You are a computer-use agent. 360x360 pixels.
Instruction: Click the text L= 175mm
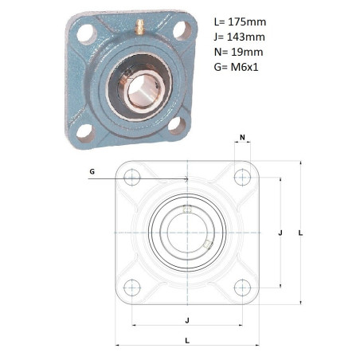click(240, 22)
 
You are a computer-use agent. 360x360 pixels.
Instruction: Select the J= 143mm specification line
click(240, 37)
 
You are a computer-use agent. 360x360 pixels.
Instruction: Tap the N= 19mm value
click(238, 52)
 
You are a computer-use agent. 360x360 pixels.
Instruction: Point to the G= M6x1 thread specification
click(236, 67)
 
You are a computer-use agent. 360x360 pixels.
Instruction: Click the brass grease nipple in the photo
click(139, 27)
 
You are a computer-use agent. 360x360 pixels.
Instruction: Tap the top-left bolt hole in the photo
click(87, 33)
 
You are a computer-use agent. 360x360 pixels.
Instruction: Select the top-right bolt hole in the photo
click(182, 30)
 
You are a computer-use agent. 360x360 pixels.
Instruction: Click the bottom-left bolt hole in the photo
click(85, 133)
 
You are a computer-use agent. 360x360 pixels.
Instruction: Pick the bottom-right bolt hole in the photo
click(177, 125)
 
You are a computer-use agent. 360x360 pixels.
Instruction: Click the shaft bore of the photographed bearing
click(143, 88)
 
